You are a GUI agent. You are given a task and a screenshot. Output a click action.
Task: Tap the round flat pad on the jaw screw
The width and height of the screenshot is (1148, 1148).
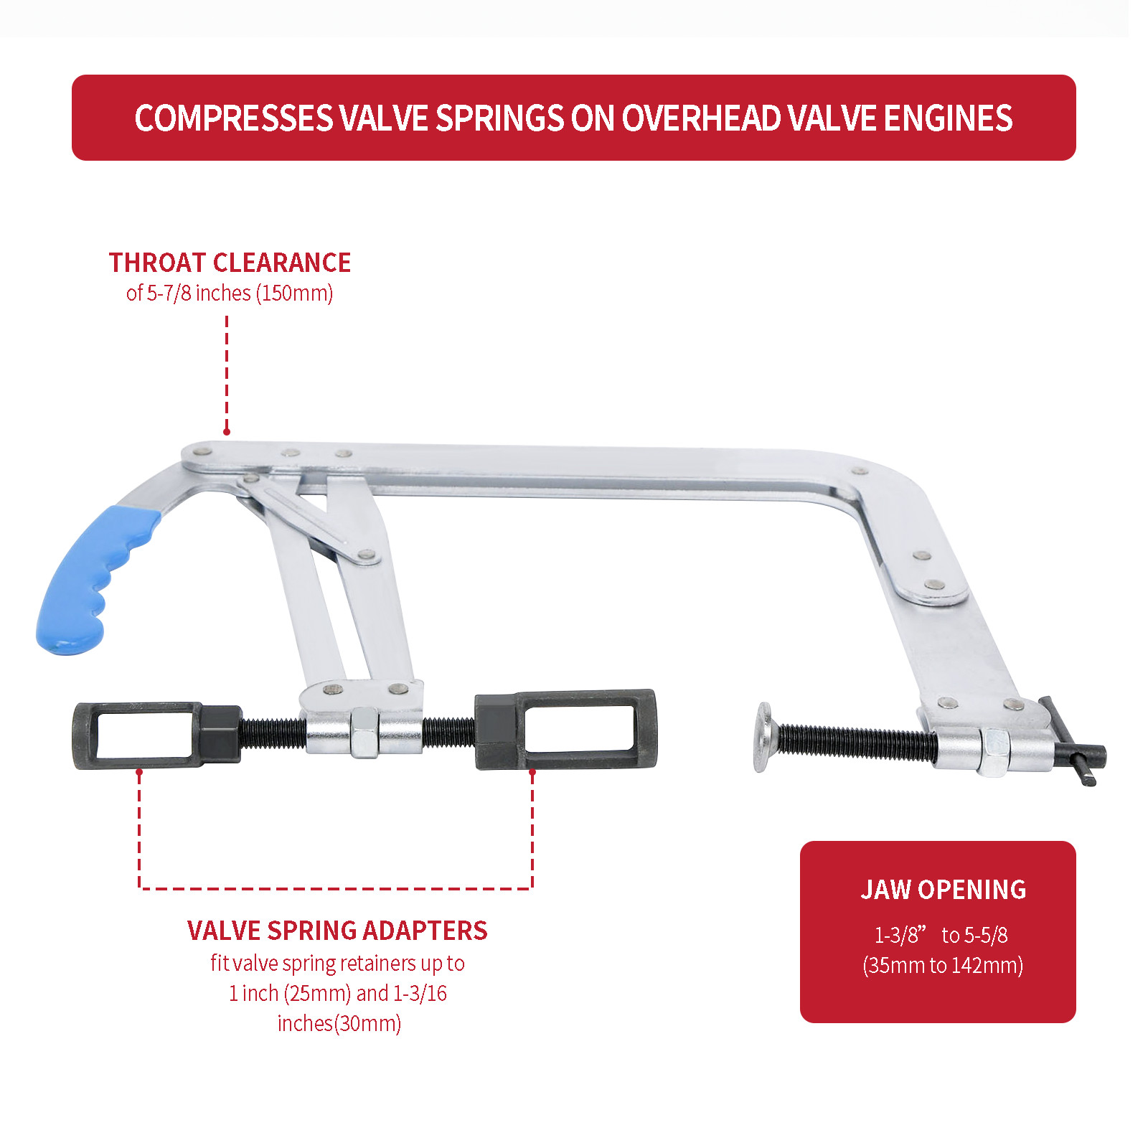[765, 738]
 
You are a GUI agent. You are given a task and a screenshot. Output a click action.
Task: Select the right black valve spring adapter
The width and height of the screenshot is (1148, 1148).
[565, 730]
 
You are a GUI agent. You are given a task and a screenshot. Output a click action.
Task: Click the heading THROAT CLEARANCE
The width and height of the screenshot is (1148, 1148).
[230, 263]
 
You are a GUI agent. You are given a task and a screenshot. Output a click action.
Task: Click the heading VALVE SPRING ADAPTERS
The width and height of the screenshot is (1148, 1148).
[337, 931]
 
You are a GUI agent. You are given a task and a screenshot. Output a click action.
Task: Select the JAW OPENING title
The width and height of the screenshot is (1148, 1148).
[944, 890]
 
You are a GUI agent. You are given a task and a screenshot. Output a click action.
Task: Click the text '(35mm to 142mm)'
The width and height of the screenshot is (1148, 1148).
[943, 965]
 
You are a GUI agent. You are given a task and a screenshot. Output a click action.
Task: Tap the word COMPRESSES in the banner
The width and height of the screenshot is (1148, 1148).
[235, 118]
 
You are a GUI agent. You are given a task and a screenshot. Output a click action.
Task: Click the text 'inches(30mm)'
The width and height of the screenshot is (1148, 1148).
[339, 1023]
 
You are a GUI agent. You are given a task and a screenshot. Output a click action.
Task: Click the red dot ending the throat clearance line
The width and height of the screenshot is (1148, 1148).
[227, 431]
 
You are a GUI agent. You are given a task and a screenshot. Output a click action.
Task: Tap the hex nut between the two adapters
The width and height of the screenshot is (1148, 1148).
[364, 733]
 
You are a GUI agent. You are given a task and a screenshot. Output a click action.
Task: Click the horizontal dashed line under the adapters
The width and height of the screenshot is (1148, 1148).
[336, 888]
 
